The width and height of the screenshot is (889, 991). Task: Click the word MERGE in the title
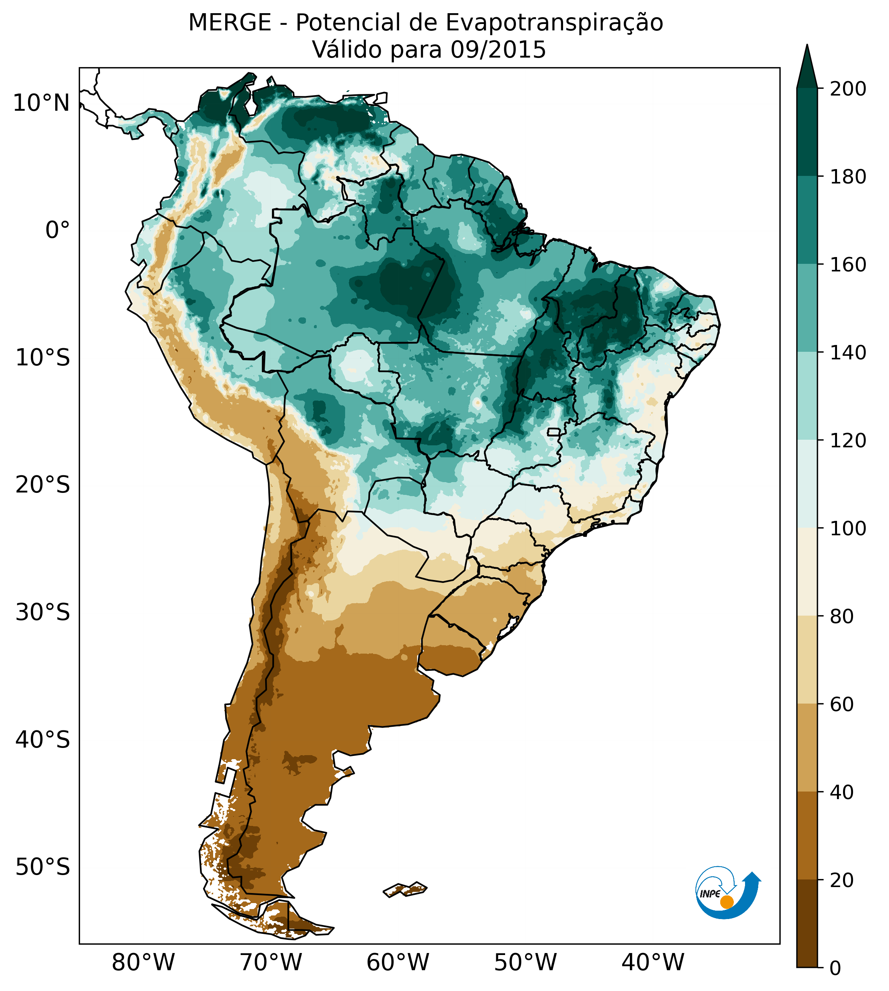(x=230, y=23)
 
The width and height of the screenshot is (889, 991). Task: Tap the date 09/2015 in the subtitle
(x=498, y=50)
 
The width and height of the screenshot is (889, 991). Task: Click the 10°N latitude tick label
(x=42, y=104)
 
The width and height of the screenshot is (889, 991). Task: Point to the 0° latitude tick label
(x=58, y=230)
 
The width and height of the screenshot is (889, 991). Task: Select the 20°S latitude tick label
(x=43, y=485)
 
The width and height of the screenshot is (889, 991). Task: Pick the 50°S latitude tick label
(x=43, y=867)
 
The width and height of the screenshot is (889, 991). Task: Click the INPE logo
(x=727, y=893)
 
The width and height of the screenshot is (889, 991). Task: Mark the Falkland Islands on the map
(x=406, y=890)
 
